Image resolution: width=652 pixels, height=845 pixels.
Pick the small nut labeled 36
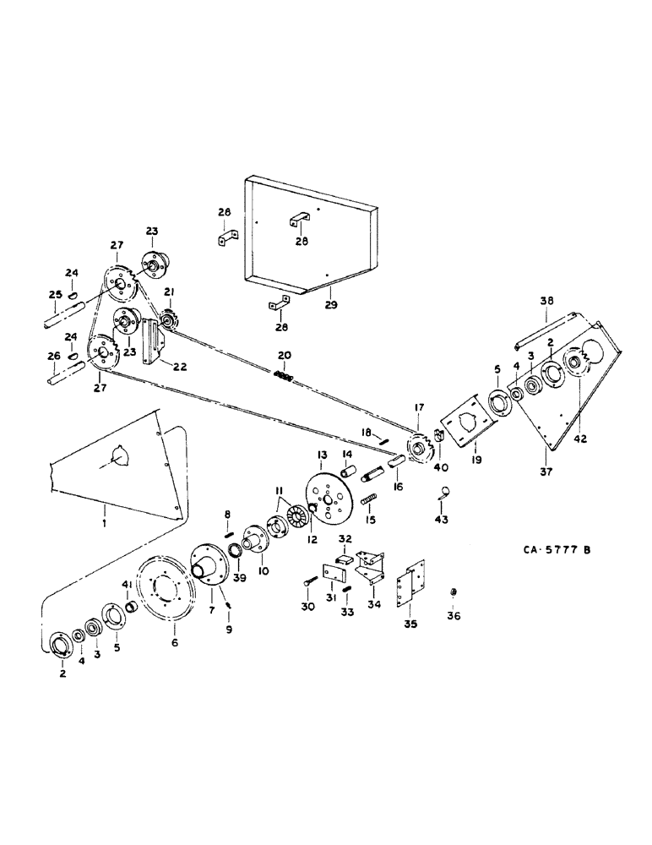point(454,591)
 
